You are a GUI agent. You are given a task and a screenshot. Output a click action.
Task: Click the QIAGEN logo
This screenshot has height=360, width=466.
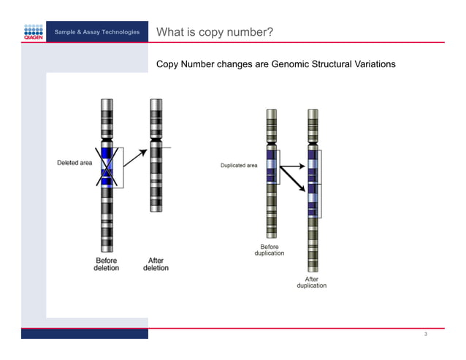click(x=33, y=34)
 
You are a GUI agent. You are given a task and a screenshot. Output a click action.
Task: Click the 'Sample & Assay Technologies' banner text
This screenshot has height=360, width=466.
click(x=96, y=33)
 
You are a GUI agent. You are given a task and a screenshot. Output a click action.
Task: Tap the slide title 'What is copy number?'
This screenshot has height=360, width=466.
click(x=215, y=32)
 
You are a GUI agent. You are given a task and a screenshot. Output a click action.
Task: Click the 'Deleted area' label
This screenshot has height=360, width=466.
click(x=75, y=163)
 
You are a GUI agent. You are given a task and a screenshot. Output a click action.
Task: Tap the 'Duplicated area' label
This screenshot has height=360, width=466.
click(x=239, y=166)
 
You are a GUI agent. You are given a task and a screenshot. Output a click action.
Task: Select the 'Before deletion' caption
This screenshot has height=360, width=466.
click(x=106, y=264)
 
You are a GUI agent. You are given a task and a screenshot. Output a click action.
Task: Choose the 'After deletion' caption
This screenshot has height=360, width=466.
click(x=156, y=264)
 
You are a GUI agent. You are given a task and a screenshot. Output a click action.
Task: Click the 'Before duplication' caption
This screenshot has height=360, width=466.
click(x=270, y=250)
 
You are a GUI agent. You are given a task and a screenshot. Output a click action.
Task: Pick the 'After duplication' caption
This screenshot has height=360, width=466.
click(x=311, y=282)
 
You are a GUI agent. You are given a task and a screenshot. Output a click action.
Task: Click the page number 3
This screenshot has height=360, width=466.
click(x=424, y=334)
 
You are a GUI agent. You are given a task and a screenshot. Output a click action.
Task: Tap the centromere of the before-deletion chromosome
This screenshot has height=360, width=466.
click(x=107, y=138)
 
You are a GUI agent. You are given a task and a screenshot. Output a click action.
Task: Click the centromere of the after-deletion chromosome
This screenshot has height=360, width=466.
click(x=156, y=138)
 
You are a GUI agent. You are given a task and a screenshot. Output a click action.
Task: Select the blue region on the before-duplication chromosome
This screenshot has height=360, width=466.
click(x=272, y=166)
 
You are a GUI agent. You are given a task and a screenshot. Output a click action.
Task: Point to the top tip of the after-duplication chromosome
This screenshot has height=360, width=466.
click(x=313, y=111)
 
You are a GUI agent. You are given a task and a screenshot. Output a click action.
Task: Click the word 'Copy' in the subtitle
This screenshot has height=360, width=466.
click(x=169, y=64)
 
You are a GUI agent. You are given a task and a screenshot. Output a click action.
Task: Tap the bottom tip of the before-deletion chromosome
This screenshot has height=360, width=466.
click(x=107, y=250)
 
